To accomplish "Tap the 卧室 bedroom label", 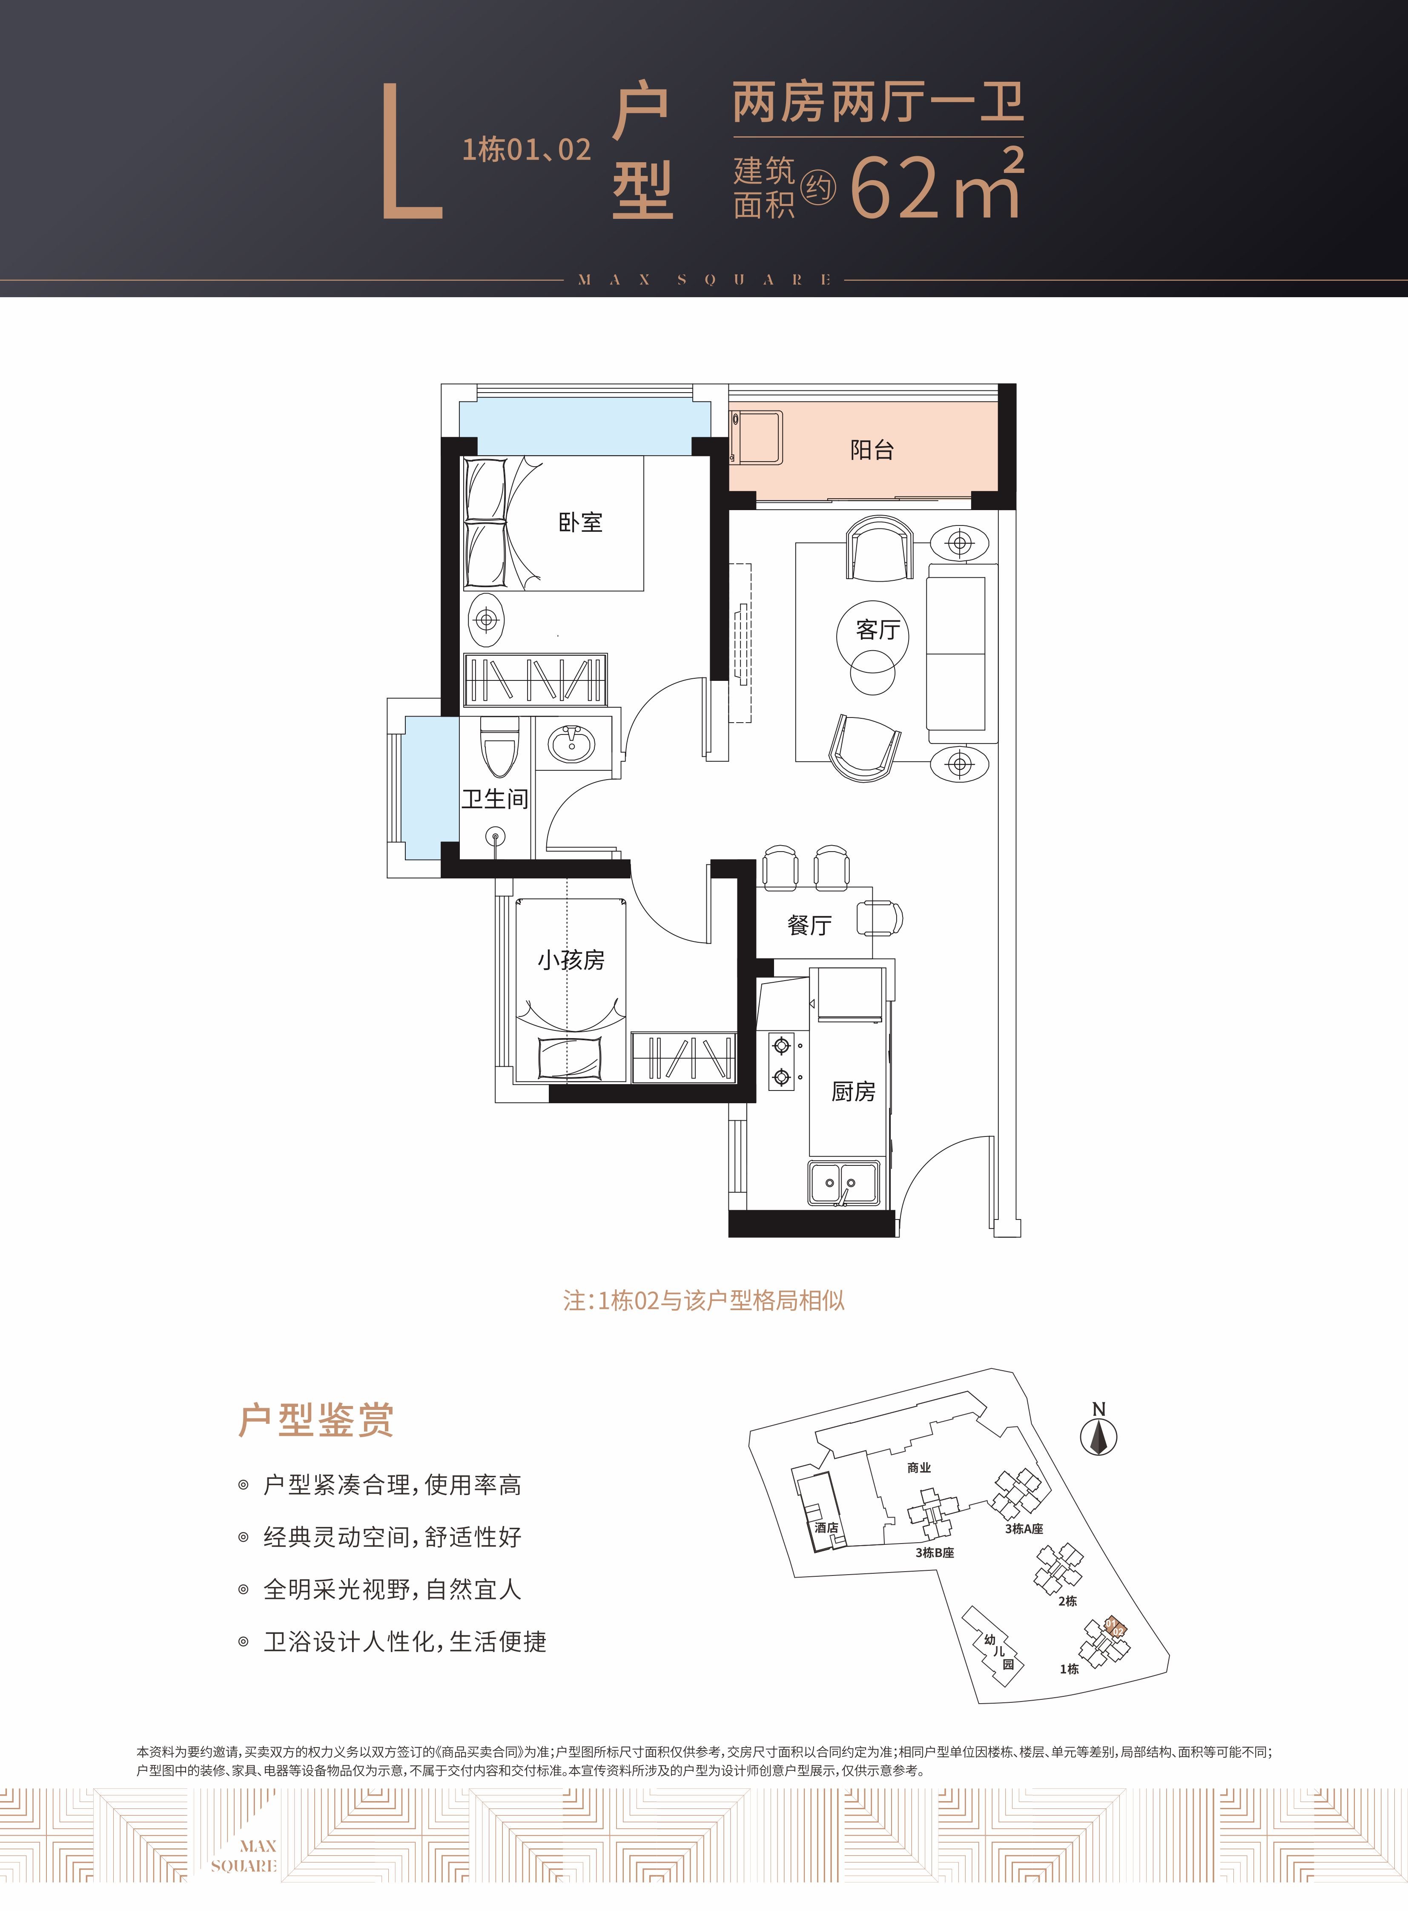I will (580, 522).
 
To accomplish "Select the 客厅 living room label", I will (878, 630).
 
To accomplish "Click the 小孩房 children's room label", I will (571, 961).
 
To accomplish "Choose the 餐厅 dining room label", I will (809, 926).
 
